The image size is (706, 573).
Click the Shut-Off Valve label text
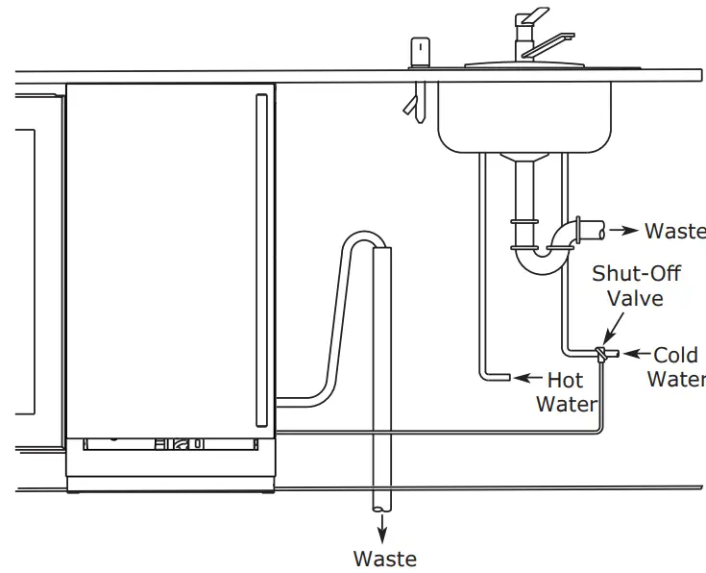(x=636, y=286)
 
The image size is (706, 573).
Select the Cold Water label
(x=676, y=366)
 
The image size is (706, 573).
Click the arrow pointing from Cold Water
(x=633, y=355)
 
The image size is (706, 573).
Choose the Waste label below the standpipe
(x=384, y=559)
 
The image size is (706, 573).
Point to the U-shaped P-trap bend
(x=539, y=261)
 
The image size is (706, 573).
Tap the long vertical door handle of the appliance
(x=259, y=260)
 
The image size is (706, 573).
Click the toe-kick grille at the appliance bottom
(x=171, y=445)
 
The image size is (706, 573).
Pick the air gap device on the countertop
(x=420, y=54)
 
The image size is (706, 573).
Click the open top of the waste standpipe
(x=383, y=250)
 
